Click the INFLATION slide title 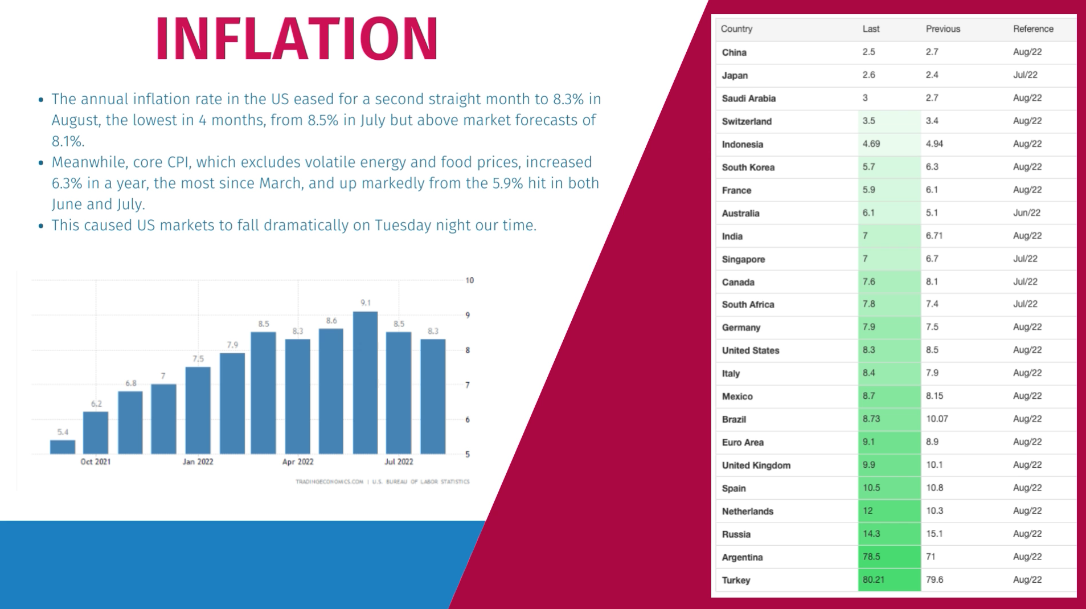(297, 39)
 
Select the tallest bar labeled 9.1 (365, 382)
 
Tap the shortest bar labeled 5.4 (63, 447)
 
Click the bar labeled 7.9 (232, 403)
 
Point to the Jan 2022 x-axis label (198, 461)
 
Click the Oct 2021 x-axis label (96, 461)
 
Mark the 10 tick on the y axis (469, 280)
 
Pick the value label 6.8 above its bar (131, 383)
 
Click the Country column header (736, 29)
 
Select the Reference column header (1033, 29)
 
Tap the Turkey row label (736, 580)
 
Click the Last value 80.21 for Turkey (873, 579)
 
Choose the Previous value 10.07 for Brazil (937, 419)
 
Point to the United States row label (750, 350)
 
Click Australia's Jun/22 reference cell (1026, 213)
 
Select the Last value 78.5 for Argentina (871, 557)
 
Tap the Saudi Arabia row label (748, 99)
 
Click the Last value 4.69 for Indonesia (871, 144)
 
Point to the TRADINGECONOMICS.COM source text (329, 482)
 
